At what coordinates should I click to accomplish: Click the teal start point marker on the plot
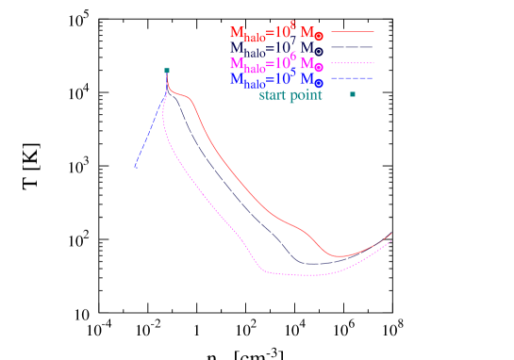[167, 71]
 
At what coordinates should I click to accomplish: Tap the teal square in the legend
[352, 94]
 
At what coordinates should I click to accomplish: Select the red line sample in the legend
[353, 30]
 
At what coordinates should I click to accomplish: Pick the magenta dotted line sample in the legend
[353, 62]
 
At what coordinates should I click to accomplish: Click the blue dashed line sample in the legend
[353, 79]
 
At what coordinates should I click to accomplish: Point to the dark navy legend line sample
[353, 46]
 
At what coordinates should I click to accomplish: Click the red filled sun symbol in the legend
[319, 34]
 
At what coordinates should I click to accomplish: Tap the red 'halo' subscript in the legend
[254, 37]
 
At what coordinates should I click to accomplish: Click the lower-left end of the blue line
[136, 167]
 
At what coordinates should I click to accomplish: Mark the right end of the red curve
[390, 234]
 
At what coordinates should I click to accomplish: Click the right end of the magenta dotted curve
[390, 242]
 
